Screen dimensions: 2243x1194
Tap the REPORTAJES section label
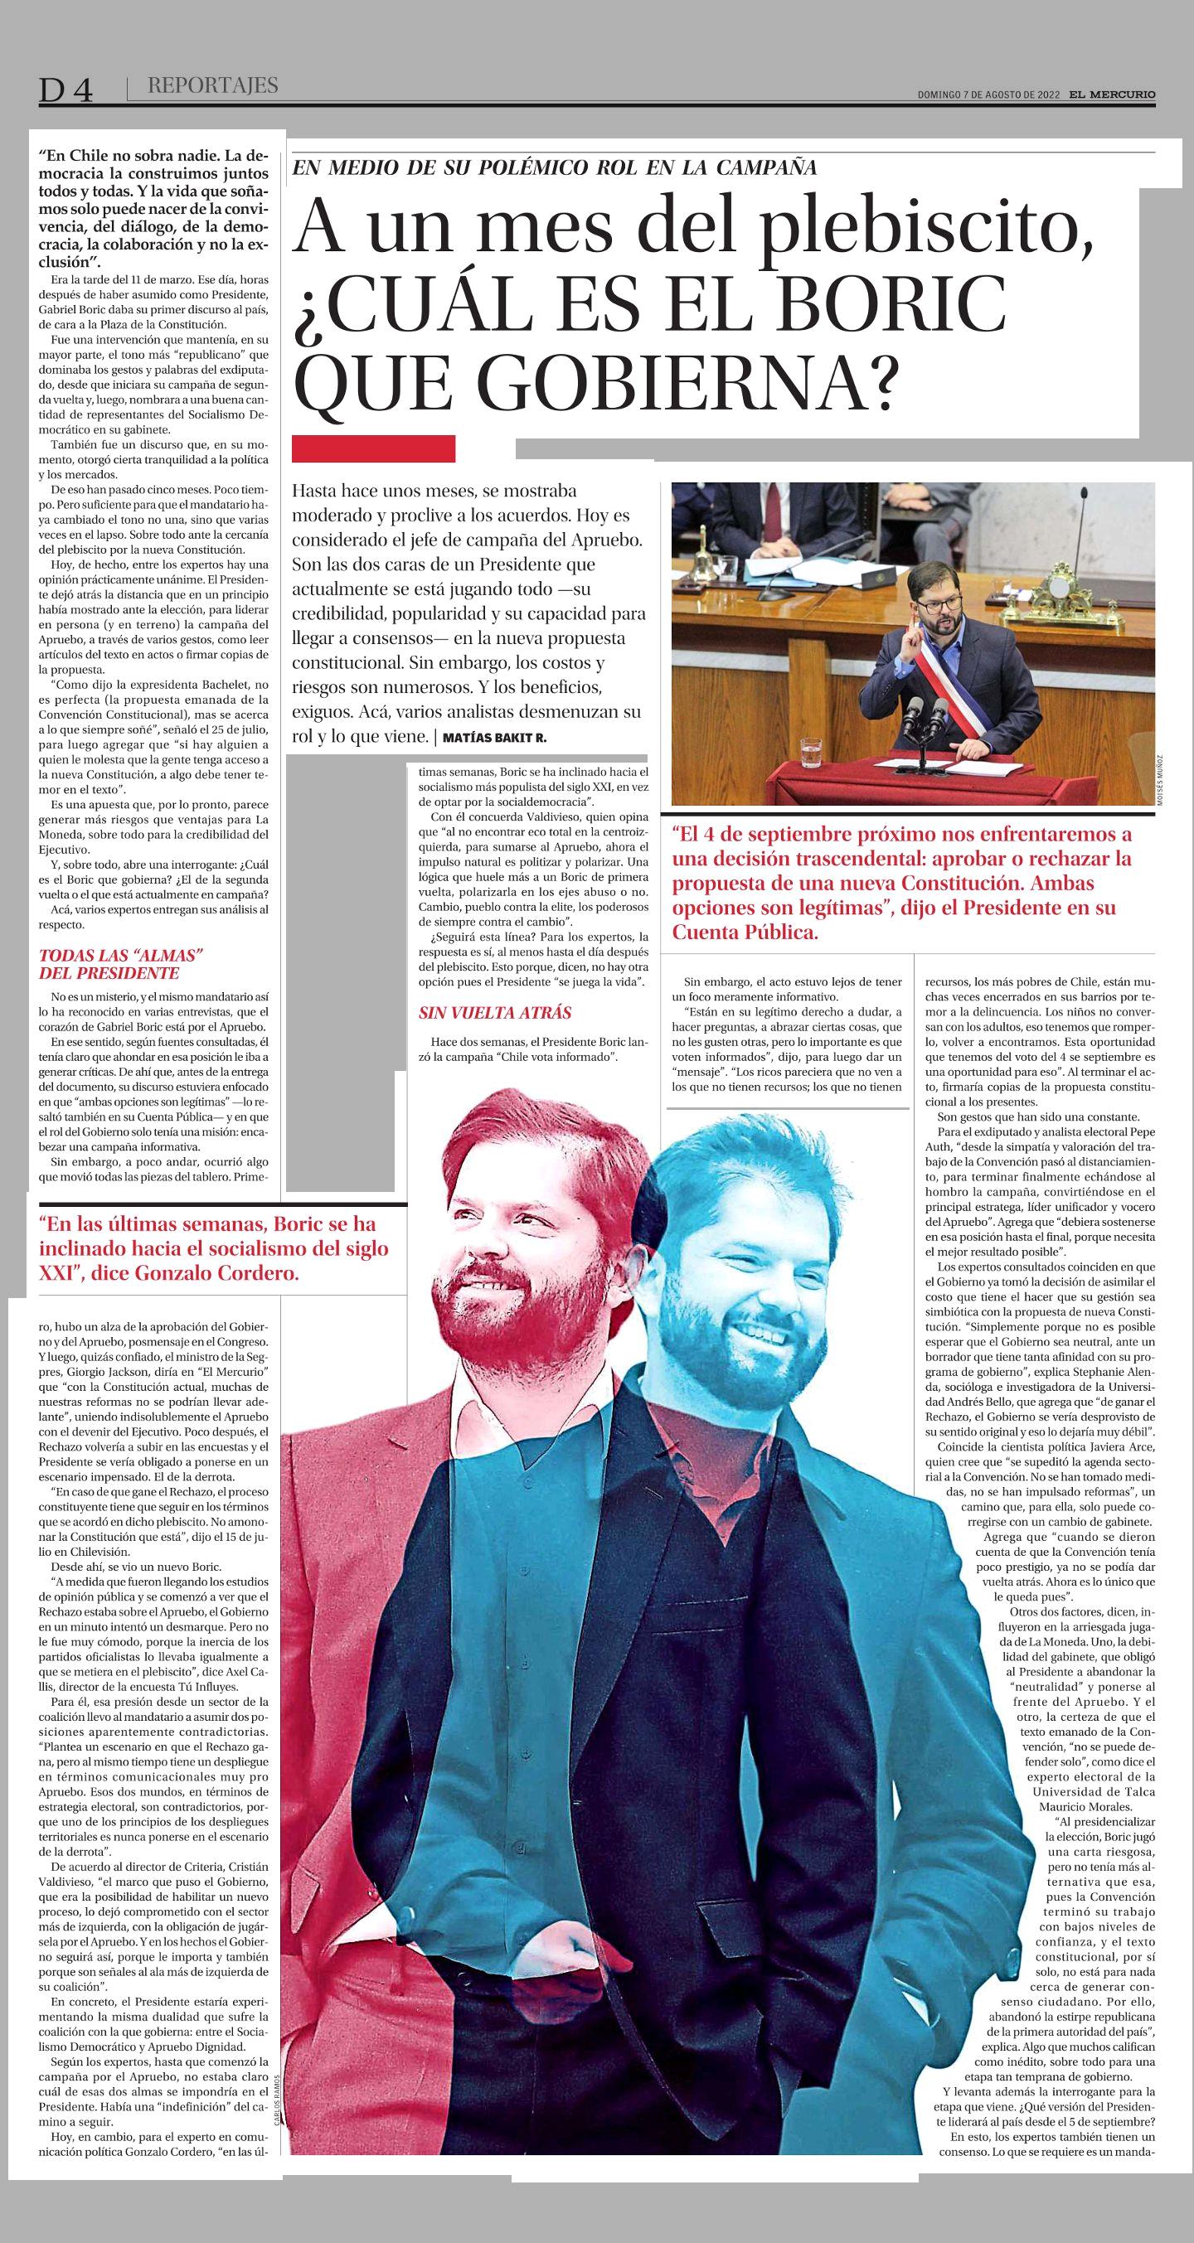point(212,85)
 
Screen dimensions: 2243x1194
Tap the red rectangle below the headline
point(374,448)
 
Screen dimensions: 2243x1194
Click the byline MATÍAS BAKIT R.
point(494,738)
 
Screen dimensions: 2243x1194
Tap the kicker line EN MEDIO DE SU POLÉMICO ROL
point(554,168)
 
